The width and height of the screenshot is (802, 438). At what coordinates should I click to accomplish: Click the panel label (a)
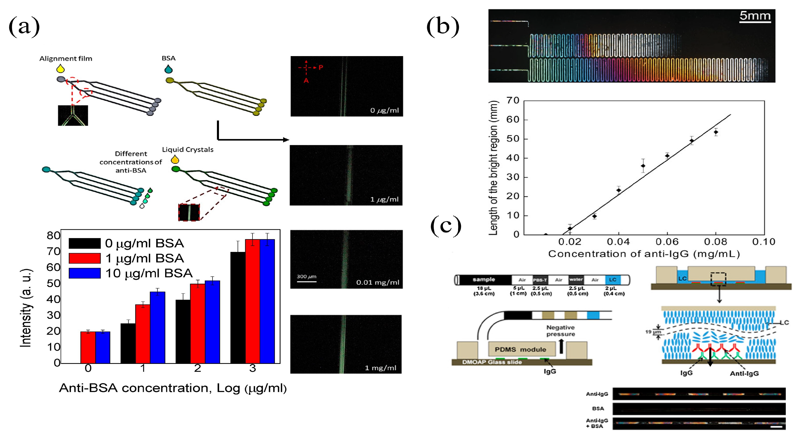pos(24,26)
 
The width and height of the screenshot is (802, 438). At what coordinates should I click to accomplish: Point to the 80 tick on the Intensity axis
pos(53,235)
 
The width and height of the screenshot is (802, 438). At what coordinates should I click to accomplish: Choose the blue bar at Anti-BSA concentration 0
pos(103,347)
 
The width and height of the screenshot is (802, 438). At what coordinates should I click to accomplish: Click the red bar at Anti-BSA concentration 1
pos(142,334)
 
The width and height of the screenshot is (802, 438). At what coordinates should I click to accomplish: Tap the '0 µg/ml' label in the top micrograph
pos(384,110)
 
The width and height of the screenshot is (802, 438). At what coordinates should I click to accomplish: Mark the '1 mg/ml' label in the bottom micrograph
pos(381,368)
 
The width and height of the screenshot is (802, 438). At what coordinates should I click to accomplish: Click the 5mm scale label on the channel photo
pos(755,15)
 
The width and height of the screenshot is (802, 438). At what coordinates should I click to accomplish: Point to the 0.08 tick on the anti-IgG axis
pos(715,242)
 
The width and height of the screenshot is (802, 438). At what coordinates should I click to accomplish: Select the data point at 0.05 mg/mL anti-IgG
pos(643,166)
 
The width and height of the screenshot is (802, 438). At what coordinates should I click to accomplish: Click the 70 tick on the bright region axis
pos(513,100)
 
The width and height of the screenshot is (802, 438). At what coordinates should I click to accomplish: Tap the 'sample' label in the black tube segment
pos(484,279)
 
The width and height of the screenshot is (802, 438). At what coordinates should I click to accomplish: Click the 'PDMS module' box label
pos(520,349)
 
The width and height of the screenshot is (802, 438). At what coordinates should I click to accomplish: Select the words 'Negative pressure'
pos(560,331)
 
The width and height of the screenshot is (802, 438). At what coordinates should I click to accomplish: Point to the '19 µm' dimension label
pos(653,332)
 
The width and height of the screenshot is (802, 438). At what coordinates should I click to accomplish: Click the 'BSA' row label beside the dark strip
pos(598,408)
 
